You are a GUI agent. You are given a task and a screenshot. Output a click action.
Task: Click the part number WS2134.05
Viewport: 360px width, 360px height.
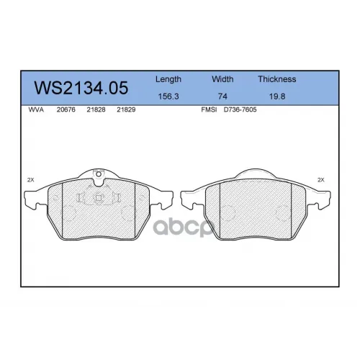pos(81,88)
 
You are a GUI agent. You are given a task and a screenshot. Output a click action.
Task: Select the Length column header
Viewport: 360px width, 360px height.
pos(168,79)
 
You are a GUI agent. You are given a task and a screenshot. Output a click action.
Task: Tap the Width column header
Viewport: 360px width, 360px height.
pos(222,79)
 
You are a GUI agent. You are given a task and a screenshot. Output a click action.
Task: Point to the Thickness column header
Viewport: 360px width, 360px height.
pos(277,79)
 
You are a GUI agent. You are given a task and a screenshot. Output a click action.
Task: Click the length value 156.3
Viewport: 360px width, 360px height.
pos(168,96)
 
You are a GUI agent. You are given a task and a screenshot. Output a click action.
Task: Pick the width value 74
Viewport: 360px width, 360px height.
pos(222,96)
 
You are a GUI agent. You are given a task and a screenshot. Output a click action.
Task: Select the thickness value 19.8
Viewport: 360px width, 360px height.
pos(277,96)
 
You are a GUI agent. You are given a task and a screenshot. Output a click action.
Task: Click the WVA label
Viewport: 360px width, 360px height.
pos(36,109)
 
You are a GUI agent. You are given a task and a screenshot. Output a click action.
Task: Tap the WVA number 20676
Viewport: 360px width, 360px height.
pos(66,109)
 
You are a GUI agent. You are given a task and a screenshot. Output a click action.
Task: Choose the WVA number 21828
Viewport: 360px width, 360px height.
pos(96,109)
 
